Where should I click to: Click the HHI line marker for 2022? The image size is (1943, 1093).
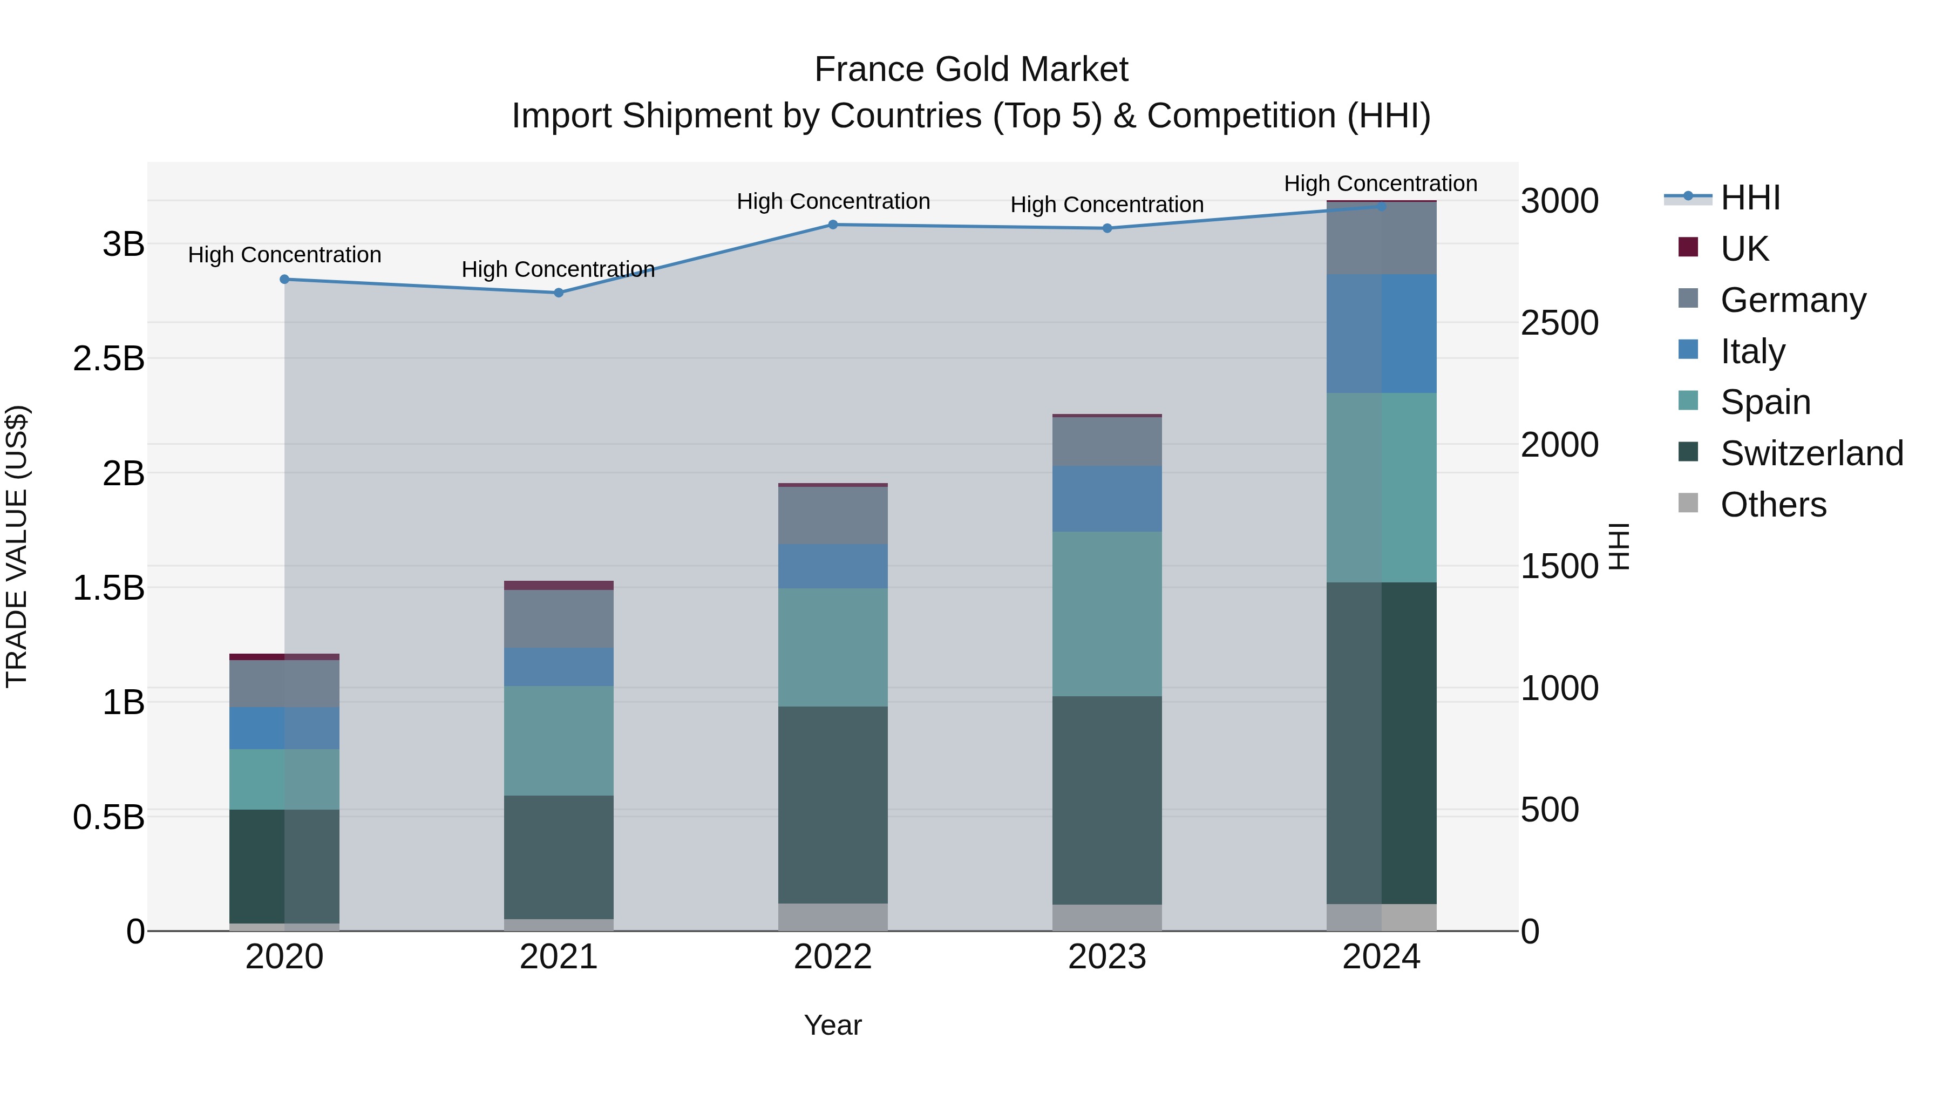click(833, 225)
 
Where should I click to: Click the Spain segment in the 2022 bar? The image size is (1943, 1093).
click(833, 647)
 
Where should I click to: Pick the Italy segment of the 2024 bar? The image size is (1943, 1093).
click(1381, 334)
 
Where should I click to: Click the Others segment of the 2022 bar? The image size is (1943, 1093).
click(833, 917)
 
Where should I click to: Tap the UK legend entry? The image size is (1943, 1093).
click(1744, 249)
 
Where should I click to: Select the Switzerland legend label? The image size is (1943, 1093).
click(1812, 453)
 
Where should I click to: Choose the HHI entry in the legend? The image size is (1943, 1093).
click(1750, 198)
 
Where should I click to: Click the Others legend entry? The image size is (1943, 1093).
click(1772, 505)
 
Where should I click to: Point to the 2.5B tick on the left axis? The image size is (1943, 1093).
click(108, 359)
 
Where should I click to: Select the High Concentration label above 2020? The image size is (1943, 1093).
click(284, 255)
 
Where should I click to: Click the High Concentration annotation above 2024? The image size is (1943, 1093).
click(1380, 184)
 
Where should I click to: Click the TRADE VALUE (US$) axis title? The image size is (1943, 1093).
click(17, 546)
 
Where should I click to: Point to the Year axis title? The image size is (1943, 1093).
click(833, 1025)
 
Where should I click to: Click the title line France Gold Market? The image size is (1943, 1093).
click(971, 70)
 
